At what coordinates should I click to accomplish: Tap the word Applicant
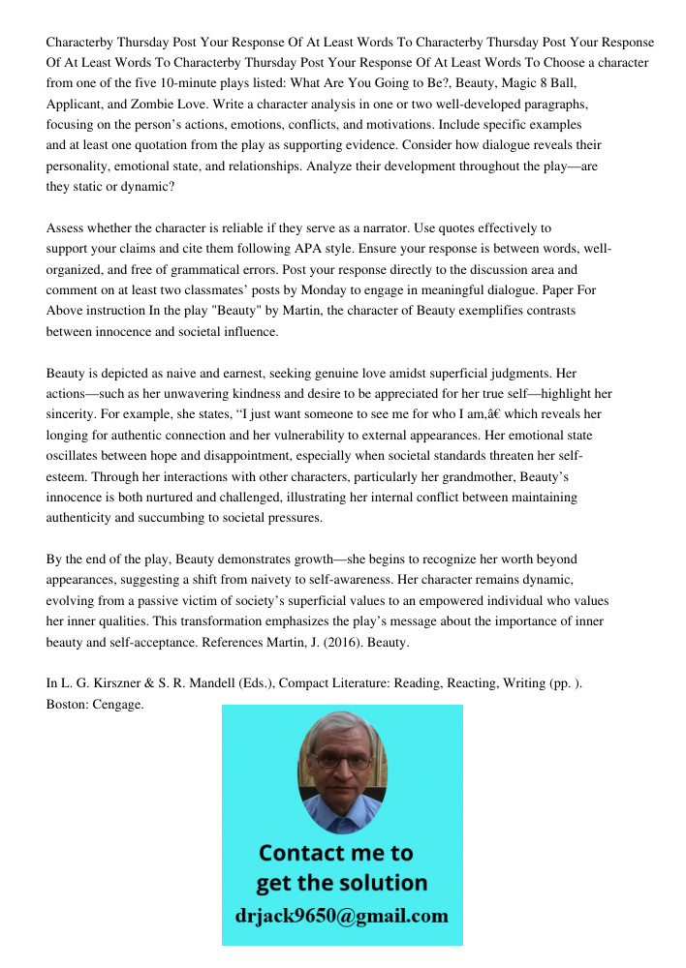coord(77,105)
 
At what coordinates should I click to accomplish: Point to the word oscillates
coord(79,457)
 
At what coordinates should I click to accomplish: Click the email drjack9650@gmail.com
coord(341,916)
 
